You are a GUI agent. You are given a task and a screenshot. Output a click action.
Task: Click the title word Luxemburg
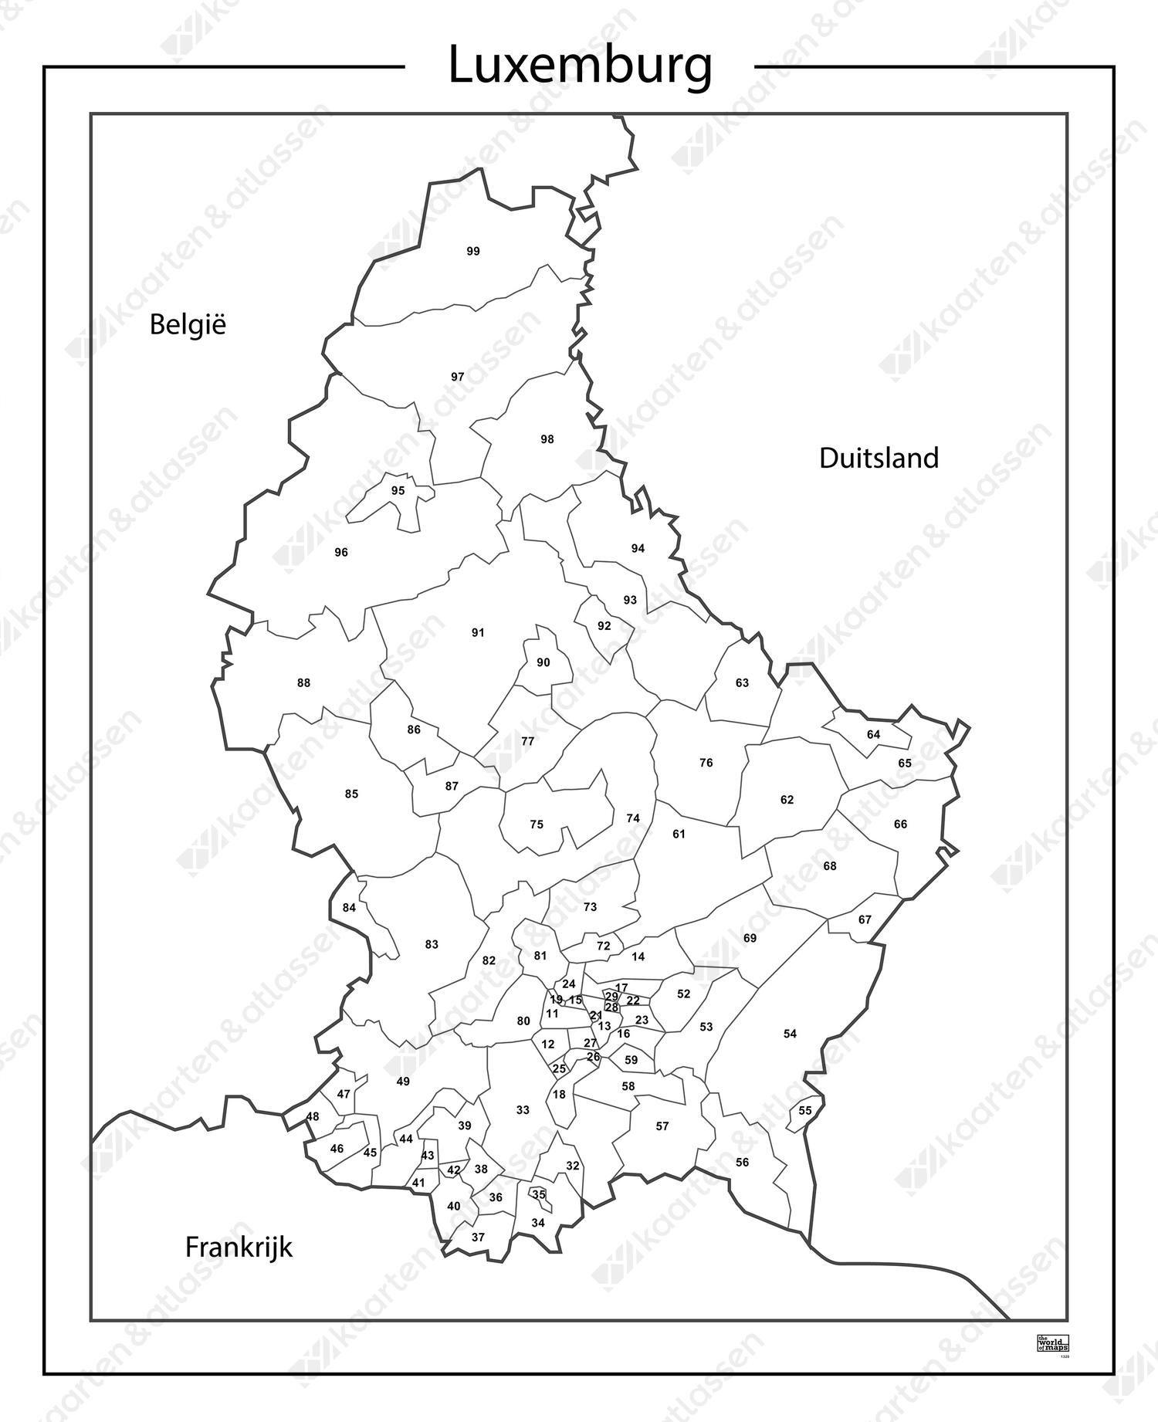click(x=580, y=66)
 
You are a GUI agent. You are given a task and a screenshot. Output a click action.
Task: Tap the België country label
click(x=188, y=324)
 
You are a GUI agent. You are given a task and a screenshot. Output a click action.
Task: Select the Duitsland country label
click(x=879, y=458)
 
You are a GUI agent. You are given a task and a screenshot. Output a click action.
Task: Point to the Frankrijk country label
click(x=239, y=1247)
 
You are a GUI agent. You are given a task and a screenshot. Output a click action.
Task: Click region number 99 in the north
click(x=473, y=251)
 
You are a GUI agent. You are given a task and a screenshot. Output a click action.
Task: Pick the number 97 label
click(x=458, y=377)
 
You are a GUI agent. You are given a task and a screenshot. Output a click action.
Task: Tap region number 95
click(x=398, y=490)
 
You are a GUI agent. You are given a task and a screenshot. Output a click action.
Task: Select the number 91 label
click(x=478, y=632)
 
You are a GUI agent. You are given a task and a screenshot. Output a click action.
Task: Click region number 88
click(x=303, y=682)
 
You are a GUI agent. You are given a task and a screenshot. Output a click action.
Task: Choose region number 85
click(x=351, y=794)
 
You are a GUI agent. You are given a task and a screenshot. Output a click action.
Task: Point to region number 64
click(x=873, y=734)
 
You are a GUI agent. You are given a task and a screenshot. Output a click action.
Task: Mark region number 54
click(x=790, y=1034)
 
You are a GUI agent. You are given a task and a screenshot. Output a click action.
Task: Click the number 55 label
click(x=805, y=1111)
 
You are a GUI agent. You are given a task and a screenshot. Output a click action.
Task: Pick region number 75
click(x=537, y=824)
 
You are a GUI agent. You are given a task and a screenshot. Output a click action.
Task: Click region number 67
click(x=865, y=919)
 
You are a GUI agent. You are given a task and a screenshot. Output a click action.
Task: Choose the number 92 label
click(x=604, y=625)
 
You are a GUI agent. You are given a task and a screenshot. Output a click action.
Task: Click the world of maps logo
click(x=1052, y=1342)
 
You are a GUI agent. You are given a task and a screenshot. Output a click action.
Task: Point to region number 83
click(x=432, y=944)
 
